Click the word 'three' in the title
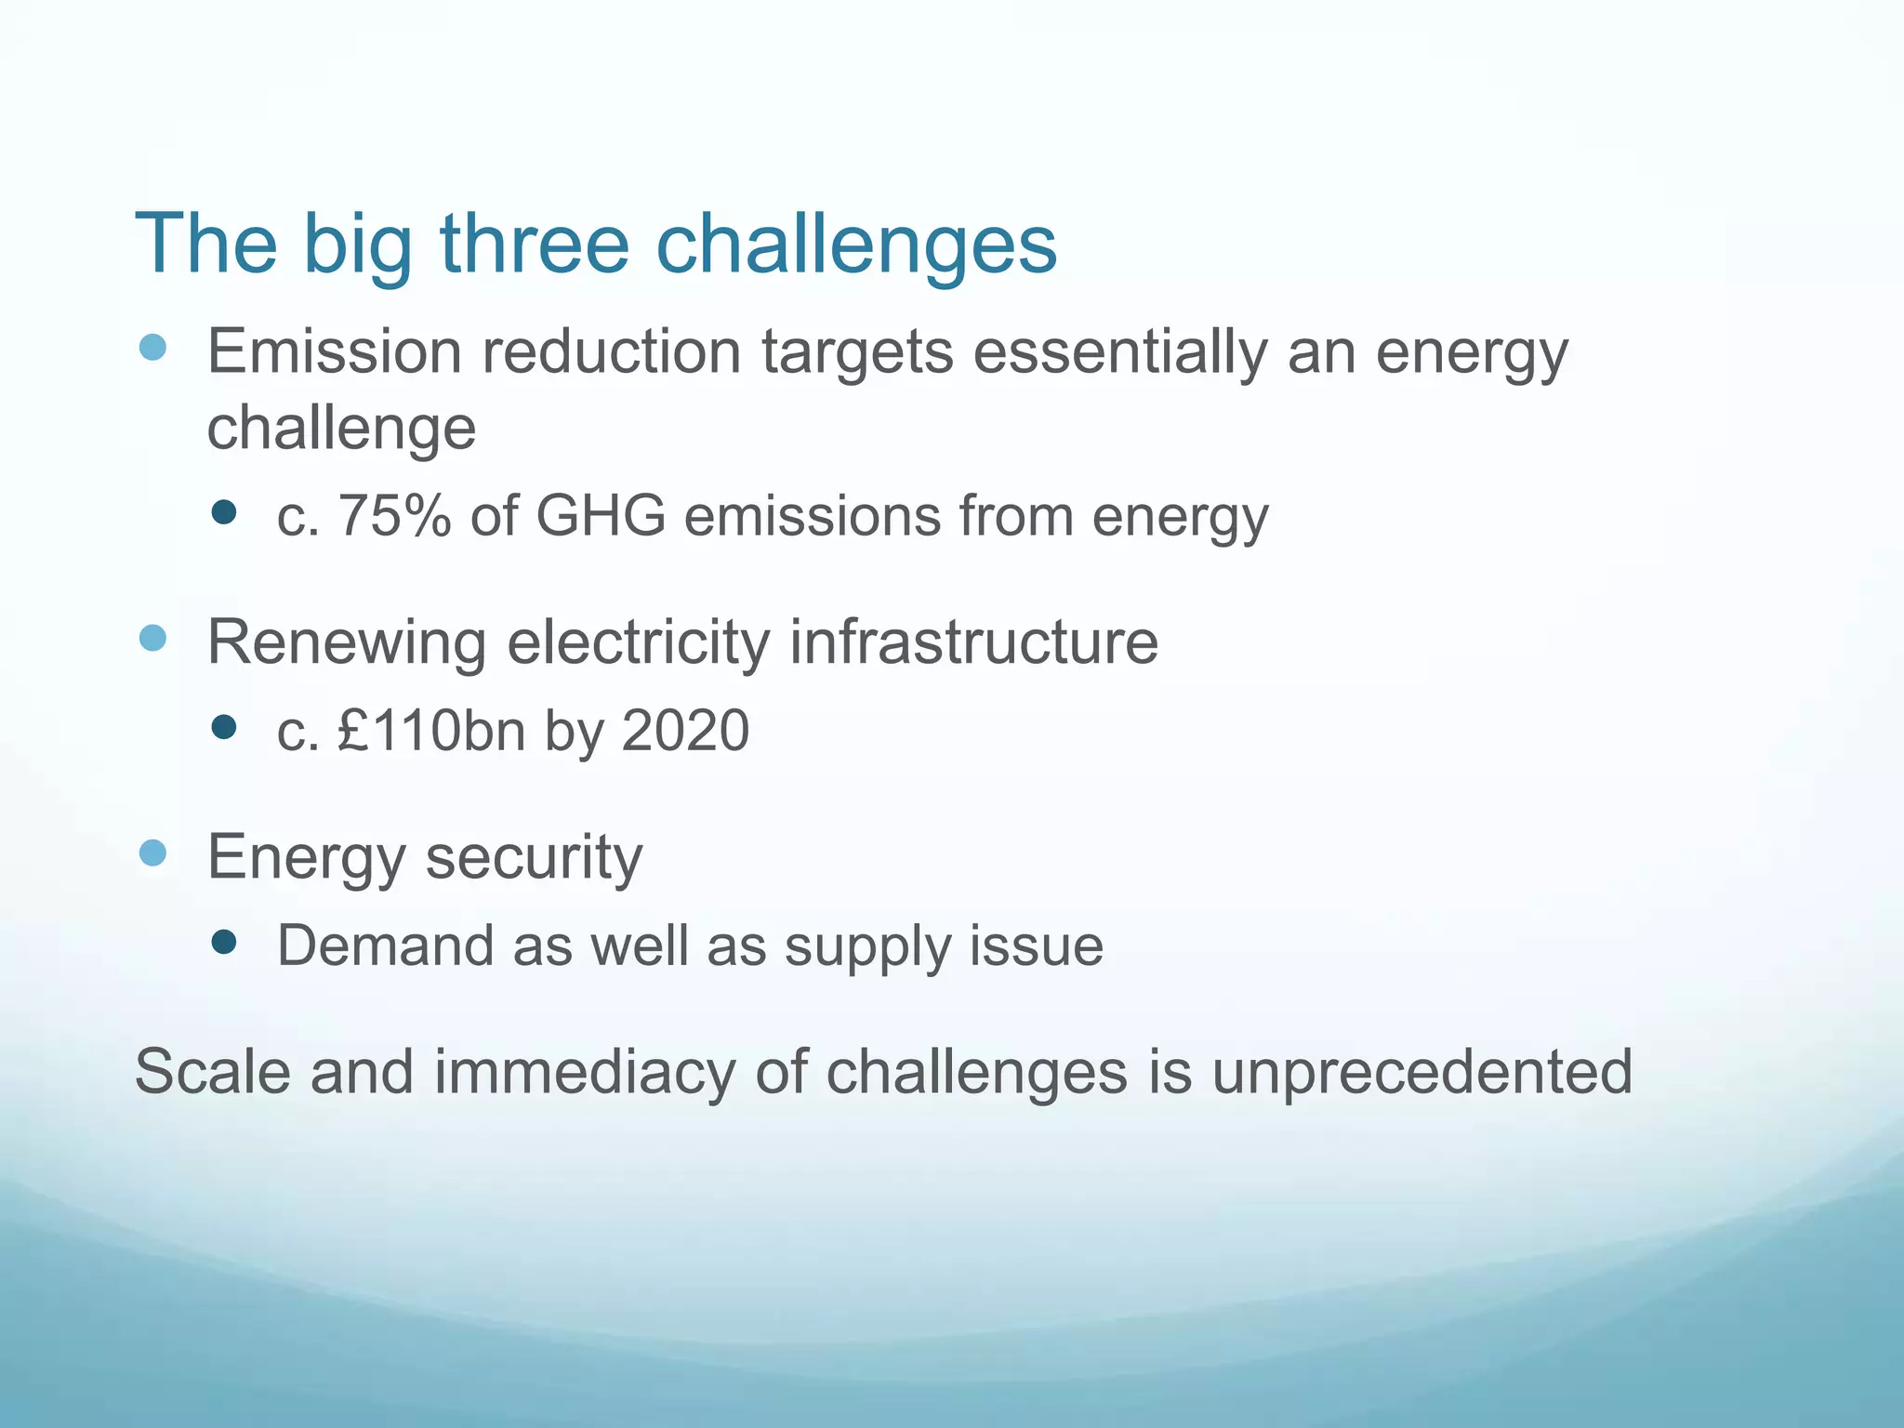[535, 244]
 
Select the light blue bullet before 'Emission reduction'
[152, 348]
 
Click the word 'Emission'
[334, 352]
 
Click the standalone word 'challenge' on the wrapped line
[341, 430]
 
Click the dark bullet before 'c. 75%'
[223, 512]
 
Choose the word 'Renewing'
[346, 643]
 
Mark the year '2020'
[684, 731]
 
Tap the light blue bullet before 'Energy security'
[152, 853]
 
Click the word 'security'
[534, 858]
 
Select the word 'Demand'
[385, 946]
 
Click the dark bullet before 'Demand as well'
[223, 944]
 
